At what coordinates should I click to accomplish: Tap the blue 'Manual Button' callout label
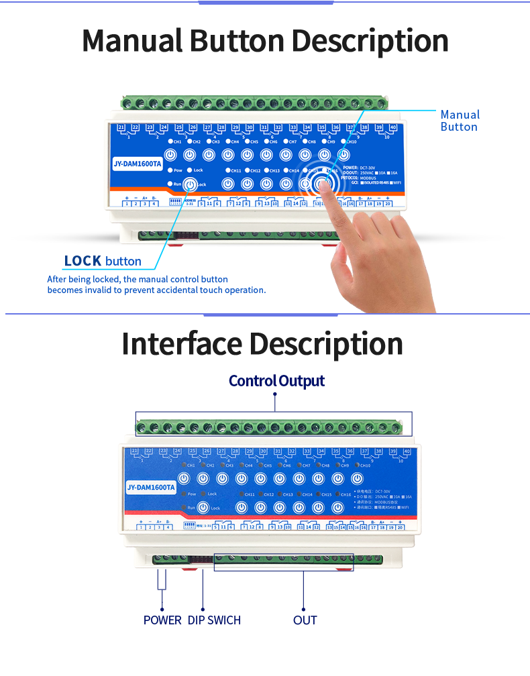click(460, 121)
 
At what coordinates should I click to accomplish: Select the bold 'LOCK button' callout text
click(103, 261)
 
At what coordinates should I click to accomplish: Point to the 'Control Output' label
click(276, 381)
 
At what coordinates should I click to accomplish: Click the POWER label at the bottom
click(162, 620)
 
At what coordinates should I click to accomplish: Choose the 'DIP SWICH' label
click(214, 620)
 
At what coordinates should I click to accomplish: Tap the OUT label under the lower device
click(305, 620)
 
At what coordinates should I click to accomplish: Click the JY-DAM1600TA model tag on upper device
click(138, 164)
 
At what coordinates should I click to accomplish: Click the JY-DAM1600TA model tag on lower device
click(151, 488)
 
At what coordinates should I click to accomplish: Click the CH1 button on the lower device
click(185, 478)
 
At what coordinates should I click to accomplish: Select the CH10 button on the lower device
click(358, 478)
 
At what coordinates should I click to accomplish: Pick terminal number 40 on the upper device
click(392, 127)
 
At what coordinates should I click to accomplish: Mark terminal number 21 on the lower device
click(135, 451)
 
